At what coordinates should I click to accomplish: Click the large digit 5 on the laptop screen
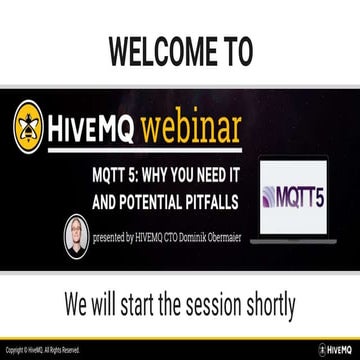333,190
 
